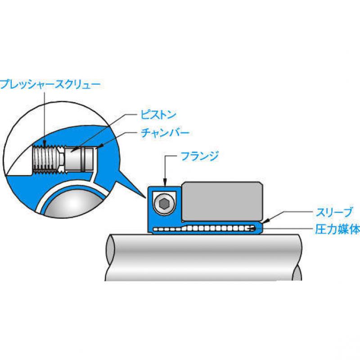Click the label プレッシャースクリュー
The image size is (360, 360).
tap(50, 85)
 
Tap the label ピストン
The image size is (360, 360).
tap(158, 115)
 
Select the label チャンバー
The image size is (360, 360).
tap(165, 133)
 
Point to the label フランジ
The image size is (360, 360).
tap(199, 156)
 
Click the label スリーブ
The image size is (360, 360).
tap(334, 212)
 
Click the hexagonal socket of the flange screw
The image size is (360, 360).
tap(163, 204)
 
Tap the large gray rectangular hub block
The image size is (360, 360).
tap(222, 202)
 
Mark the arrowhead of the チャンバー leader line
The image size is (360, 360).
tap(102, 145)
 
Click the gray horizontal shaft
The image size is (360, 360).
tap(204, 257)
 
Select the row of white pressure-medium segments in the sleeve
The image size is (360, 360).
tap(204, 229)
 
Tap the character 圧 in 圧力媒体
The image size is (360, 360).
tap(321, 229)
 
